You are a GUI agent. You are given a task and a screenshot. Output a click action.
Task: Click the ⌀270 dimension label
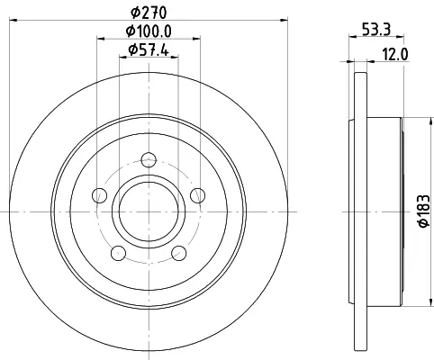coord(149,13)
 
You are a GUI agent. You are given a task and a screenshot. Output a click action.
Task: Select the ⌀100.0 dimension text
coord(149,31)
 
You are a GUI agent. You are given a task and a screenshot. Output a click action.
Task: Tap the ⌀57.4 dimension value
coord(149,49)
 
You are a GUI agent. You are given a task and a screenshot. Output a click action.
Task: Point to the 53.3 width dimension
coord(376,30)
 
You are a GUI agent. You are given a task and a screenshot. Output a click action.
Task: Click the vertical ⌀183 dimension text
coord(424,211)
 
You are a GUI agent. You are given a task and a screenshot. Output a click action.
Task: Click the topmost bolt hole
coord(149,159)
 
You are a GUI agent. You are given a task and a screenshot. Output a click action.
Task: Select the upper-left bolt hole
coord(100,195)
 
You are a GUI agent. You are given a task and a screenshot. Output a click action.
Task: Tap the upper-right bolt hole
coord(198,195)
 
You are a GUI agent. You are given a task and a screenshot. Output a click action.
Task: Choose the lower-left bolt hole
coord(118,253)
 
